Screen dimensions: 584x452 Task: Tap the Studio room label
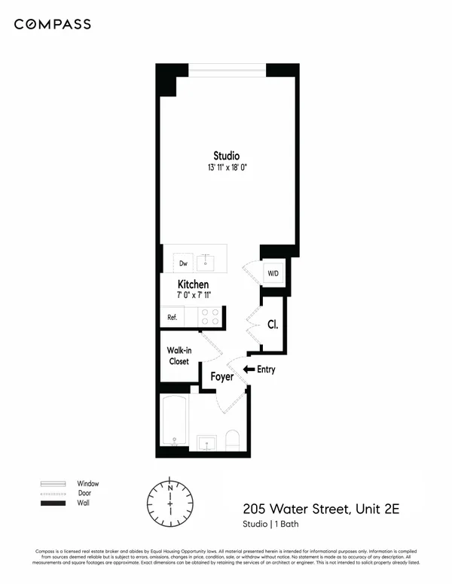226,156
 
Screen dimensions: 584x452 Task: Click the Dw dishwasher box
183,263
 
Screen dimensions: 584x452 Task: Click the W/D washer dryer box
271,272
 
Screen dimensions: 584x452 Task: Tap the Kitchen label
194,284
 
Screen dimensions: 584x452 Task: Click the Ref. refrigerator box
172,317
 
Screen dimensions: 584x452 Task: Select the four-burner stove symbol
210,317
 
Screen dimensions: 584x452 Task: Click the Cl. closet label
273,325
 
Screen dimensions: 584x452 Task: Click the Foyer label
221,376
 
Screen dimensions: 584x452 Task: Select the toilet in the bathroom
232,441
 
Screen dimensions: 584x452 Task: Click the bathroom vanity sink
206,442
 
